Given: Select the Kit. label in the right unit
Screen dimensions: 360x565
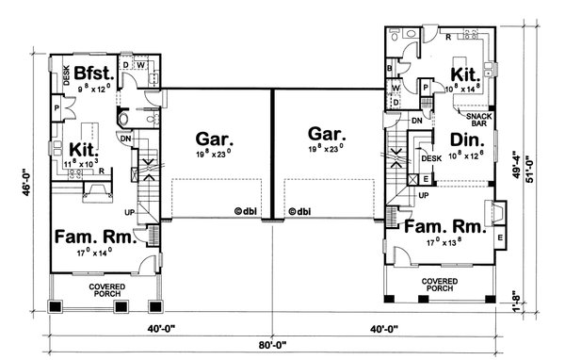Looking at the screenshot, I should coord(463,74).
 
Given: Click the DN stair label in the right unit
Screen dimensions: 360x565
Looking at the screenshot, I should coord(416,122).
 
